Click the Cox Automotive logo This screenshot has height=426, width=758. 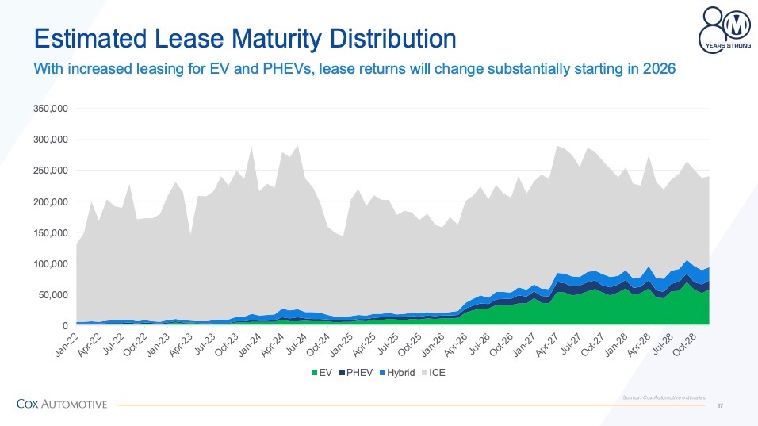tap(62, 405)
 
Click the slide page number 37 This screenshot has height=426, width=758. tap(720, 405)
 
